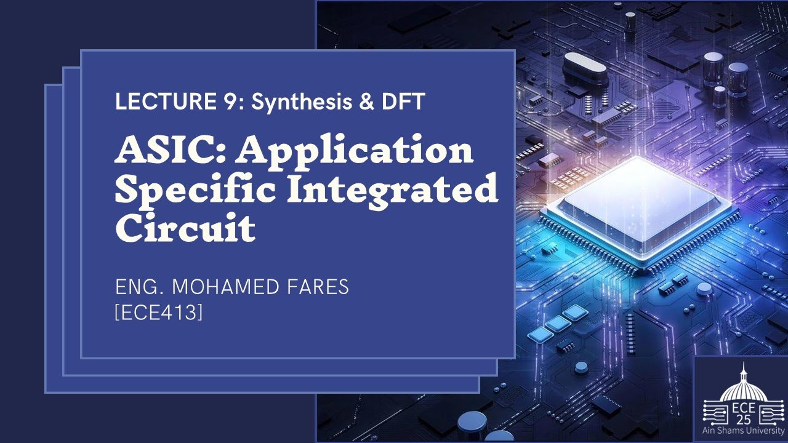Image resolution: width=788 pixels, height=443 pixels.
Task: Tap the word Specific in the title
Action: pos(196,190)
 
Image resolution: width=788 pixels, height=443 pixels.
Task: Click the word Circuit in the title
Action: pos(185,228)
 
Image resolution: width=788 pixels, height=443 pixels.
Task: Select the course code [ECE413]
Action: pos(159,313)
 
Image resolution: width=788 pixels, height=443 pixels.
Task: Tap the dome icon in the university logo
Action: pos(744,384)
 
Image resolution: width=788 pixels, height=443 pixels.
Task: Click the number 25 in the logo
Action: pos(744,420)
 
